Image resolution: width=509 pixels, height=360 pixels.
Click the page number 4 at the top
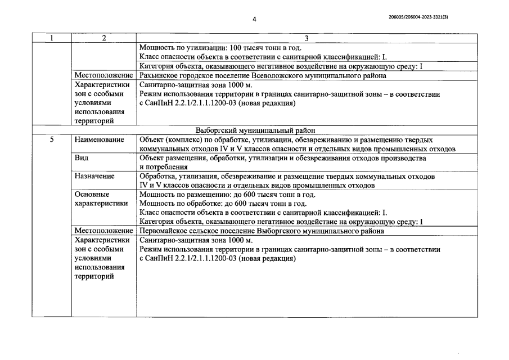click(x=254, y=19)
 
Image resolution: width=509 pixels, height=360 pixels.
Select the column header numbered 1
click(x=52, y=38)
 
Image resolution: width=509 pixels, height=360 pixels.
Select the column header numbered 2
click(x=104, y=38)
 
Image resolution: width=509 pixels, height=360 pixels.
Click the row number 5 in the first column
click(x=51, y=139)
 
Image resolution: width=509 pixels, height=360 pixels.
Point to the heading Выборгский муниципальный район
click(x=254, y=130)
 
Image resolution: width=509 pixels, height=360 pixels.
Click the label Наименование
click(x=100, y=139)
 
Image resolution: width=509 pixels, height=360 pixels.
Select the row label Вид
click(x=81, y=158)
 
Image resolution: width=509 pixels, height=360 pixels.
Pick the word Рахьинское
click(x=158, y=76)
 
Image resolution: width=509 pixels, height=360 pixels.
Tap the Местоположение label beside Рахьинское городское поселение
click(x=103, y=76)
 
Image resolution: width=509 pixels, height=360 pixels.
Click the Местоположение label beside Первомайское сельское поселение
click(x=103, y=231)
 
